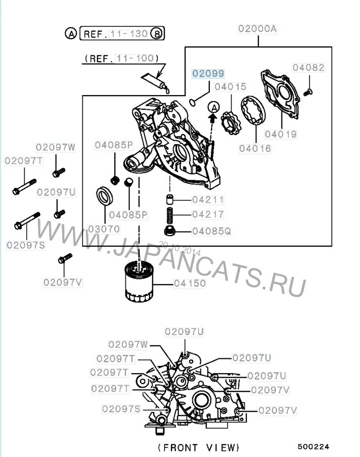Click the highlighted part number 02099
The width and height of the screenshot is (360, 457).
[x=207, y=74]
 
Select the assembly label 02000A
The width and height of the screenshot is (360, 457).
[x=257, y=29]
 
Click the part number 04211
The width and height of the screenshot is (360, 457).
[x=208, y=200]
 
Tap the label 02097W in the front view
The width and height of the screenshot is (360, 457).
[x=127, y=344]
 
